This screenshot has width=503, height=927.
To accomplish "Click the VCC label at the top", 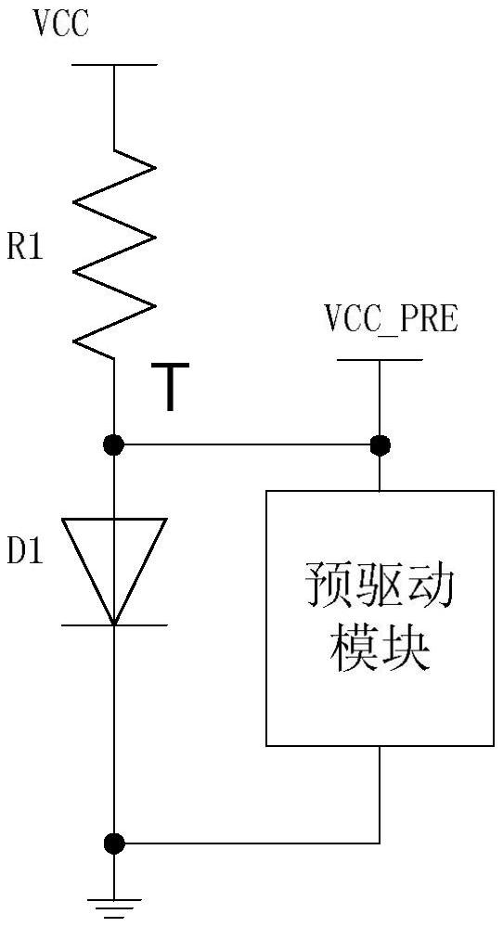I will pyautogui.click(x=61, y=24).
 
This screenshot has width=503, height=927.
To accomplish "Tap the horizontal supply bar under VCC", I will pyautogui.click(x=114, y=65).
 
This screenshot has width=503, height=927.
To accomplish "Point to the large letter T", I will pyautogui.click(x=169, y=389).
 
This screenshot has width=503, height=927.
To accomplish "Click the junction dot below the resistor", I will pyautogui.click(x=114, y=445).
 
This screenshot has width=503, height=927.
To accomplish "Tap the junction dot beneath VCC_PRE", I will pyautogui.click(x=380, y=445).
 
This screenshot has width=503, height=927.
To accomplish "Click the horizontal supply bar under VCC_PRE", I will pyautogui.click(x=380, y=359).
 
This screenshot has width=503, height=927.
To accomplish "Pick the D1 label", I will pyautogui.click(x=26, y=554).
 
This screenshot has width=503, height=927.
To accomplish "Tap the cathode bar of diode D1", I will pyautogui.click(x=114, y=624).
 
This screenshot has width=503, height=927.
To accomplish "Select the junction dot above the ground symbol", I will pyautogui.click(x=114, y=843).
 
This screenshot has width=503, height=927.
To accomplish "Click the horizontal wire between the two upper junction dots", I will pyautogui.click(x=247, y=445).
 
